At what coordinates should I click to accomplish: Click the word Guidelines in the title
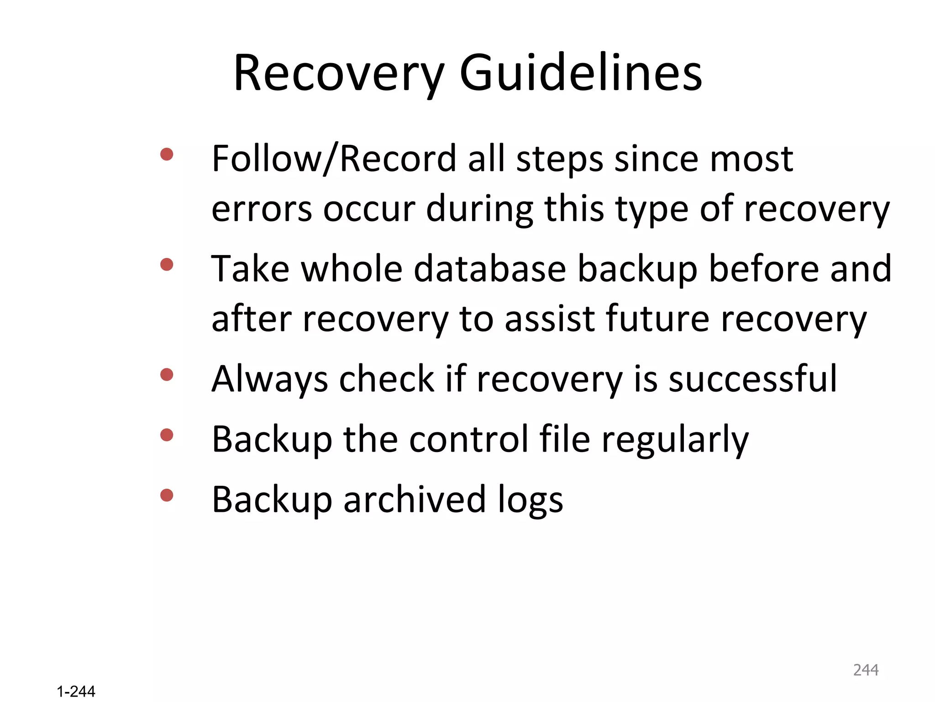pyautogui.click(x=581, y=73)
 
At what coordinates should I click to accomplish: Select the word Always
pyautogui.click(x=270, y=379)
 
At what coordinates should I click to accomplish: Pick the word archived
pyautogui.click(x=415, y=500)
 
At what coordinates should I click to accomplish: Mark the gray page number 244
pyautogui.click(x=866, y=670)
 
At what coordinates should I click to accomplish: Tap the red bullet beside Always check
pyautogui.click(x=167, y=375)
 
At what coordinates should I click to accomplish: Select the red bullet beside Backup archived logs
pyautogui.click(x=167, y=495)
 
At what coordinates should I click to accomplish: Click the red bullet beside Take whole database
pyautogui.click(x=167, y=265)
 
